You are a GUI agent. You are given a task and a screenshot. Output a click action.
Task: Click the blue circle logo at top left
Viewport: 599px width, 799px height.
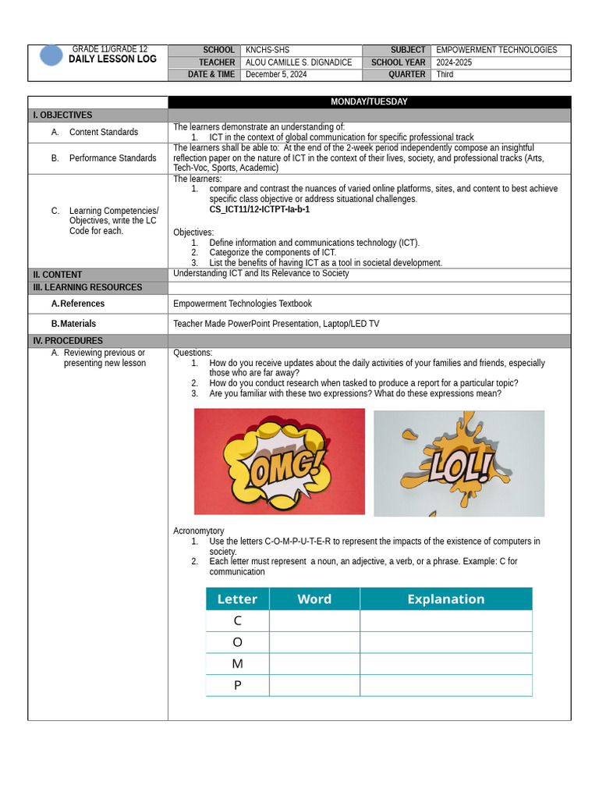(x=51, y=55)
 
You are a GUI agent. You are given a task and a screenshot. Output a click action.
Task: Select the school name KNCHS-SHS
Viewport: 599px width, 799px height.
(x=268, y=50)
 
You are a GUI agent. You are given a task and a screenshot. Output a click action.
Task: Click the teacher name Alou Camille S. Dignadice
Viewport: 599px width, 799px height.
(x=298, y=62)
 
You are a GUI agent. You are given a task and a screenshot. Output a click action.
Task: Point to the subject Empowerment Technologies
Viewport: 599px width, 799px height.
(x=496, y=50)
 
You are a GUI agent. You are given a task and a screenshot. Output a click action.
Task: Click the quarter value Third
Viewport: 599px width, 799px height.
(x=445, y=75)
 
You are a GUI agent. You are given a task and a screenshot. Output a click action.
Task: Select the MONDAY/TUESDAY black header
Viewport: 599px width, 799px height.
(x=369, y=102)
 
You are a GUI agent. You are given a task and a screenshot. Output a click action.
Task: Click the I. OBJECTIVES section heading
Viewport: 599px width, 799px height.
(x=62, y=115)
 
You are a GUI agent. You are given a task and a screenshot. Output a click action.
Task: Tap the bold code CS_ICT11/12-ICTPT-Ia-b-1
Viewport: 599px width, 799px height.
(x=259, y=210)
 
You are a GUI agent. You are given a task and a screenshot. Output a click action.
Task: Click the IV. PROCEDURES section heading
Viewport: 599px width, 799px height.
(x=68, y=341)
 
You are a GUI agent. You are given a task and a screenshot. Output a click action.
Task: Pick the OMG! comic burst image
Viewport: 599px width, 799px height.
(x=279, y=462)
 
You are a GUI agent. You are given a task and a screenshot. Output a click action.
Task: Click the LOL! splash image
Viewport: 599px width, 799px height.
(x=459, y=463)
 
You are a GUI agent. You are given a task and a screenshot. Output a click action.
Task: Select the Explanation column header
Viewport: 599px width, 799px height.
(x=445, y=599)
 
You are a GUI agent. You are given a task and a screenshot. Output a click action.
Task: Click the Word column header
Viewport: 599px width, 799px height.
(x=314, y=599)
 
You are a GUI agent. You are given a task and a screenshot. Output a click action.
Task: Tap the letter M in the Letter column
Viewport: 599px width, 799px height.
(x=237, y=664)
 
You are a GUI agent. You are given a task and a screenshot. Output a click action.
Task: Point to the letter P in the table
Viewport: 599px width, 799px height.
(x=237, y=686)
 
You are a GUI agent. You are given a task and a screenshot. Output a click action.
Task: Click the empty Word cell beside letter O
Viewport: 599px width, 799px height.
(x=314, y=642)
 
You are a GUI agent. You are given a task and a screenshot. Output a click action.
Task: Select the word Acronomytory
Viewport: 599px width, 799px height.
(x=198, y=531)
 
